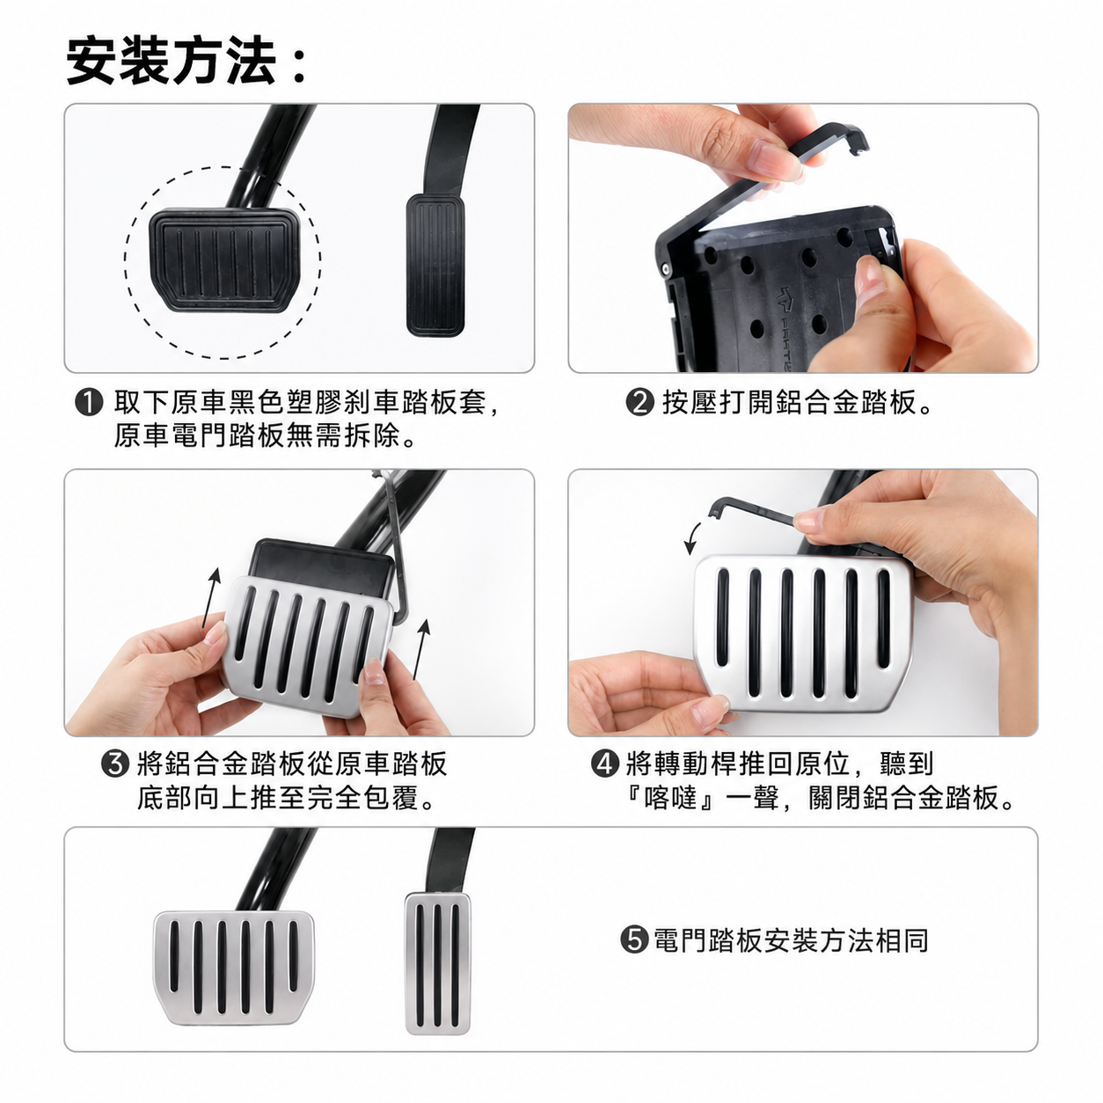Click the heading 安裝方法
[172, 60]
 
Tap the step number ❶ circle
[89, 402]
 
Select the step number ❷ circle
[639, 402]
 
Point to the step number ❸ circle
[114, 763]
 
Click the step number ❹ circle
[604, 763]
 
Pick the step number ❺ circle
[634, 940]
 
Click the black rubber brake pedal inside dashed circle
[225, 260]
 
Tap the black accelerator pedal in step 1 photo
[435, 265]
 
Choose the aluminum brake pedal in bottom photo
[234, 968]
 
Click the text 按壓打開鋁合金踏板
[790, 402]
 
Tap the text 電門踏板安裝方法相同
[791, 940]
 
